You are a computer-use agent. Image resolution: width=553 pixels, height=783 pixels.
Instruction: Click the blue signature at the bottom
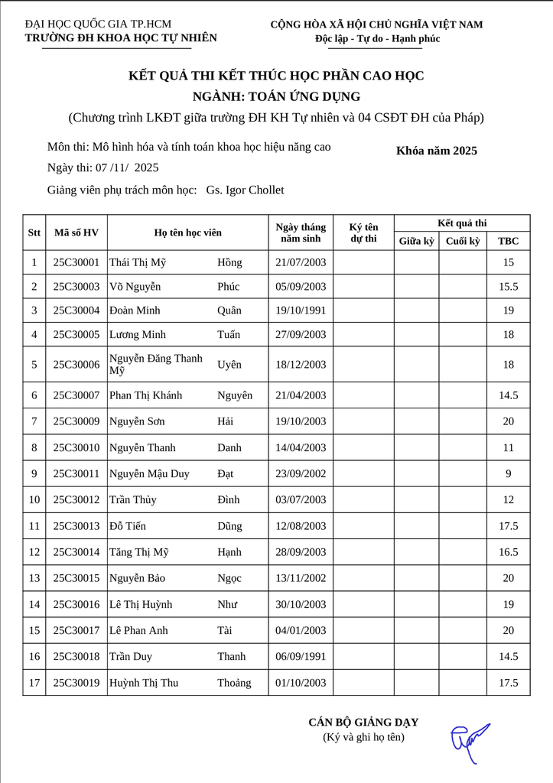[469, 740]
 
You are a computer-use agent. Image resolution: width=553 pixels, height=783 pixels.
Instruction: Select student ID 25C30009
[76, 421]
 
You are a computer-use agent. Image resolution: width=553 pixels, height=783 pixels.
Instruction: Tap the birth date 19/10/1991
[301, 310]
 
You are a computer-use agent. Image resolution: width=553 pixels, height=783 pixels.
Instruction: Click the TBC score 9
[508, 474]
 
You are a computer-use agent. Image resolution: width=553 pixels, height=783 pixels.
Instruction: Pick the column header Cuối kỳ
[463, 241]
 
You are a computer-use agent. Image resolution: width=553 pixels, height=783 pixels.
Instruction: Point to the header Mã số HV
[76, 232]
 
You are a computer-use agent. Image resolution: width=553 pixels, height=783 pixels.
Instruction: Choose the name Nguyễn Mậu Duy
[149, 474]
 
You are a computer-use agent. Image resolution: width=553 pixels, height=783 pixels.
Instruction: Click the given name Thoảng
[234, 683]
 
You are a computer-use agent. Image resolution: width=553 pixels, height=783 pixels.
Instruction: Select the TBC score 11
[508, 448]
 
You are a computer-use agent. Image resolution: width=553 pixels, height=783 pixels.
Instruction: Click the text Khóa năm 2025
[437, 151]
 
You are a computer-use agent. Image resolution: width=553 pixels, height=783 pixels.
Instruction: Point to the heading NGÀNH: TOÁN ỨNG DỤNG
[276, 96]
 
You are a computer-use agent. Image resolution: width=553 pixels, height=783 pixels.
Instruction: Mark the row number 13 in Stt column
[34, 578]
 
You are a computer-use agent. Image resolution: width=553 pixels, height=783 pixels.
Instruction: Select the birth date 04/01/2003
[301, 631]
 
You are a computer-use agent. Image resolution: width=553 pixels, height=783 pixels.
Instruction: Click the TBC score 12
[508, 500]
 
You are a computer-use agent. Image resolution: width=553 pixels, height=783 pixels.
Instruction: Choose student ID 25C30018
[76, 657]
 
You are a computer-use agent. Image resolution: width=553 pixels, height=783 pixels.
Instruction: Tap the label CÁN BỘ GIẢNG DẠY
[363, 722]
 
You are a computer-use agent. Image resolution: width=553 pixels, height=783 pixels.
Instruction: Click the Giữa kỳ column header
[417, 241]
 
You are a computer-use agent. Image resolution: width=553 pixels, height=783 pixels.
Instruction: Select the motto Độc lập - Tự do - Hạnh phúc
[377, 39]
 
